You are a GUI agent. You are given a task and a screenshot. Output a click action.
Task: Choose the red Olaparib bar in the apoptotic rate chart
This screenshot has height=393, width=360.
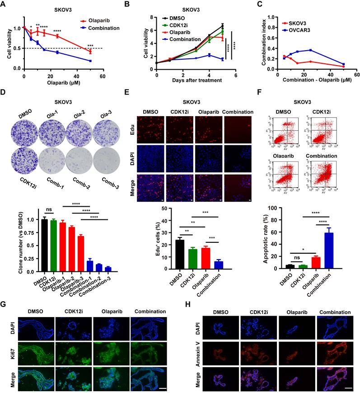[x=316, y=262]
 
